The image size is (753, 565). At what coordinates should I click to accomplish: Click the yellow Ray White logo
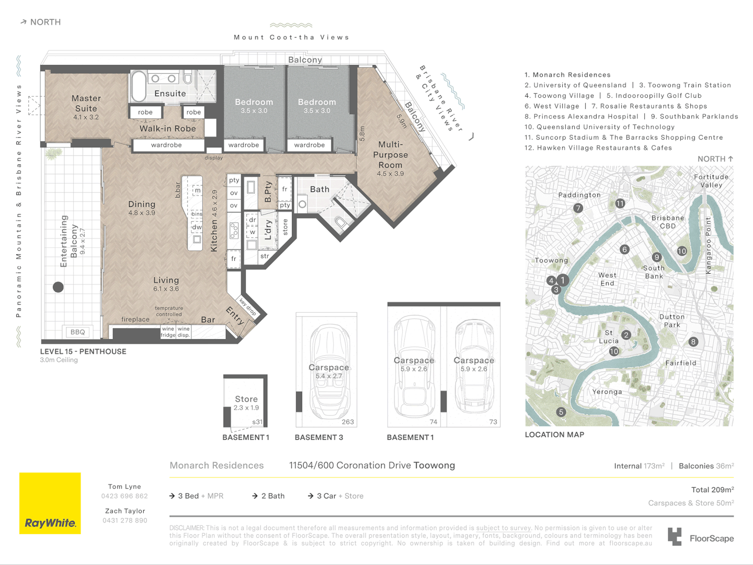(50, 503)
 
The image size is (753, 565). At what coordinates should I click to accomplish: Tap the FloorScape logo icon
(675, 537)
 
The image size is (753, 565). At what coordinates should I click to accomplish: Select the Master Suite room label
(86, 104)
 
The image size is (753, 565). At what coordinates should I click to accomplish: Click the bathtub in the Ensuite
(139, 86)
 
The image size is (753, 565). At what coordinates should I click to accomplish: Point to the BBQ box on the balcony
(77, 332)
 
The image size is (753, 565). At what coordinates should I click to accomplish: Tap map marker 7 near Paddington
(578, 208)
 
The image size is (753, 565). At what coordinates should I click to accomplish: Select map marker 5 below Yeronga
(561, 412)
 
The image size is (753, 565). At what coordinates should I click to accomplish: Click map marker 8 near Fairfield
(693, 342)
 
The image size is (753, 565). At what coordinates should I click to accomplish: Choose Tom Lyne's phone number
(124, 496)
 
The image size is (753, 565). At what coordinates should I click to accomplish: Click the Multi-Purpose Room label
(390, 155)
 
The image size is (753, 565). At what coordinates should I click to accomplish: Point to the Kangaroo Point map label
(709, 245)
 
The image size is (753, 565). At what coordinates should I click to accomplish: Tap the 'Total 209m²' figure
(712, 490)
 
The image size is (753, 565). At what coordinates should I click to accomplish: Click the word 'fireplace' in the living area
(135, 319)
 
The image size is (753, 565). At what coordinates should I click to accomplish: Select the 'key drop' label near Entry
(247, 307)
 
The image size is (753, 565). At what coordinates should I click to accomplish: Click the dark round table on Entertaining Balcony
(58, 287)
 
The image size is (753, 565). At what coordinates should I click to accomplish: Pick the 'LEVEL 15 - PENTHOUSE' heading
(83, 352)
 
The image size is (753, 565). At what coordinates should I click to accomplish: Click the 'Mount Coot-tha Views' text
(291, 38)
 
